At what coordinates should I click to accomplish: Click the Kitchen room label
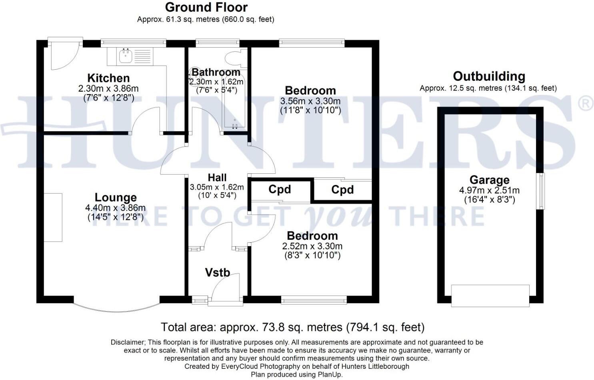click(x=108, y=78)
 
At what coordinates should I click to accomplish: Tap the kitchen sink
click(x=126, y=56)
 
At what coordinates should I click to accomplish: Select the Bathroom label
click(x=216, y=72)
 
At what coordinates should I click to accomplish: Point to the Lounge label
click(x=116, y=197)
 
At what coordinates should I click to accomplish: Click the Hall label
click(x=217, y=177)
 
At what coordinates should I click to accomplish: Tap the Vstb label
click(x=217, y=273)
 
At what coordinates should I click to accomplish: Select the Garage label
click(x=489, y=180)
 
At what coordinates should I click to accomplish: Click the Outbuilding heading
click(x=489, y=76)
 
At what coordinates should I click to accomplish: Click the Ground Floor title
click(x=206, y=7)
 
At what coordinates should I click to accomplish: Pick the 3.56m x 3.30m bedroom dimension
click(x=310, y=101)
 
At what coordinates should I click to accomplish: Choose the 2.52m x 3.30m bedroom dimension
click(x=312, y=246)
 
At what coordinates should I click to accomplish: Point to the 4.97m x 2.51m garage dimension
click(x=489, y=191)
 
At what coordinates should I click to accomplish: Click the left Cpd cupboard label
click(x=279, y=189)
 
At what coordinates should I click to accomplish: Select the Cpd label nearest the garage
click(x=342, y=190)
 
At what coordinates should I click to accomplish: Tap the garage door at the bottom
click(x=490, y=296)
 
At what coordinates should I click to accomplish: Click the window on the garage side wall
click(x=540, y=191)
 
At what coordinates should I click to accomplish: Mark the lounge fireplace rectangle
click(x=53, y=217)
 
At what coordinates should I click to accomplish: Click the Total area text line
click(x=292, y=328)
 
